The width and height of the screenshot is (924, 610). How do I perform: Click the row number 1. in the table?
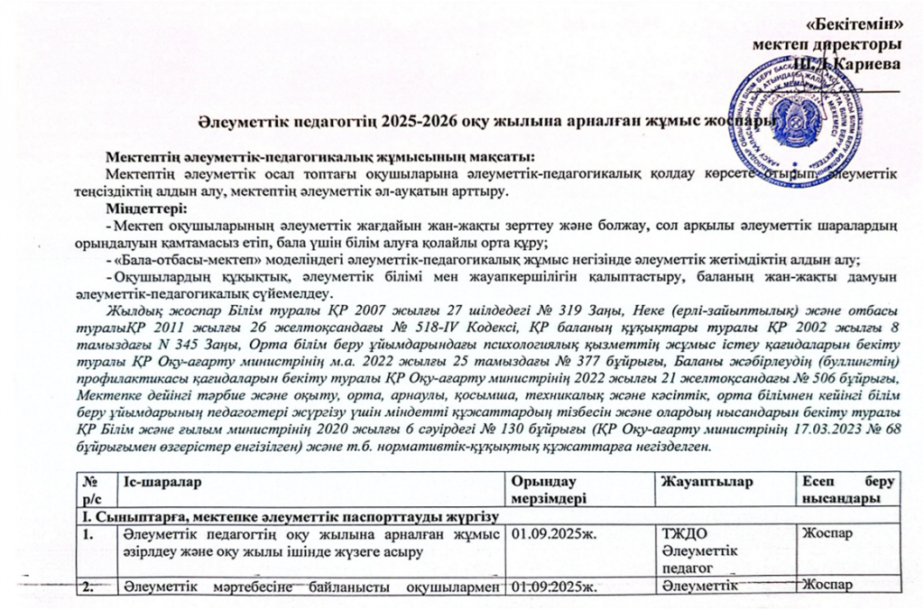[89, 535]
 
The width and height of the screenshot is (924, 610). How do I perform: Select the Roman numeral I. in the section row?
[88, 515]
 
